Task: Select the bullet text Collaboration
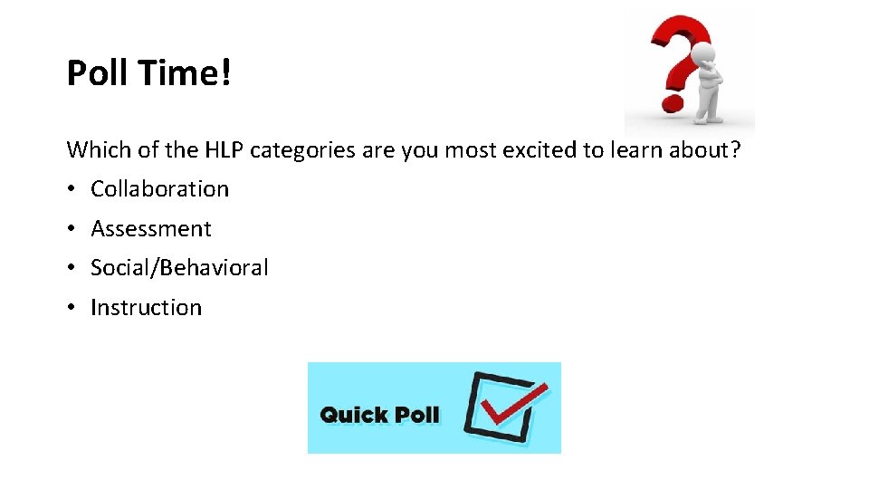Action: coord(160,188)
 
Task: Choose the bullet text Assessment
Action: coord(151,228)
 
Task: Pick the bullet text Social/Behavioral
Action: coord(179,267)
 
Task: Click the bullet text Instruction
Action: coord(146,307)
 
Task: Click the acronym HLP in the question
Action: coord(226,149)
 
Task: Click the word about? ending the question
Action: coord(705,149)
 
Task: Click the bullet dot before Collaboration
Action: coord(72,189)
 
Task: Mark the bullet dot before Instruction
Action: coord(72,308)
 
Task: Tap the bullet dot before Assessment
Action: coord(72,229)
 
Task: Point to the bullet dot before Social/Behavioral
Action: coord(72,268)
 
